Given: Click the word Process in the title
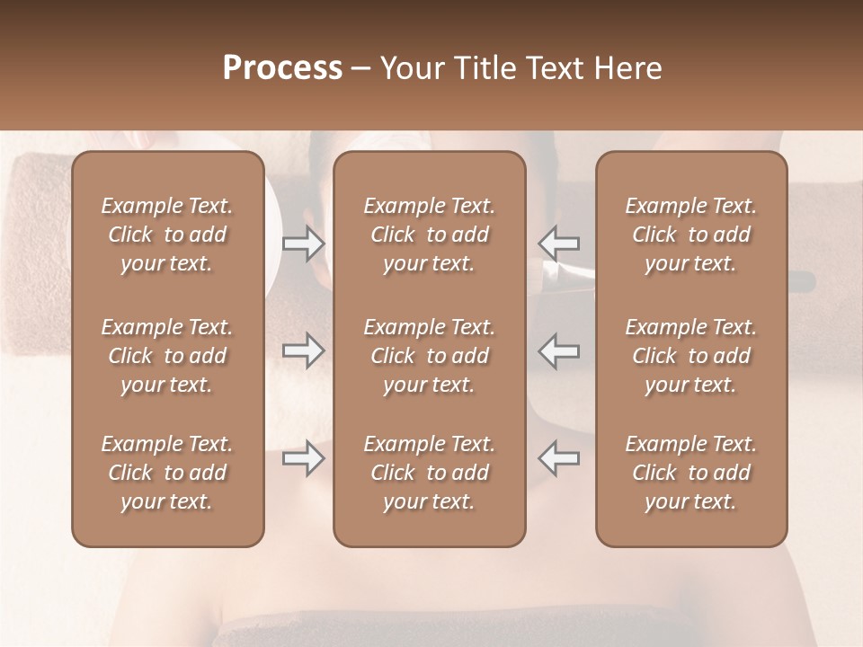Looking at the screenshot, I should pyautogui.click(x=282, y=68).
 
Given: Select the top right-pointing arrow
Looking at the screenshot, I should pyautogui.click(x=304, y=244).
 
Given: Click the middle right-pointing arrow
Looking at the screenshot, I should pyautogui.click(x=304, y=350).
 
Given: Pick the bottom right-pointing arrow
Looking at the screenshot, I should pyautogui.click(x=304, y=458).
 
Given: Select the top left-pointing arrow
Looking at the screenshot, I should pyautogui.click(x=559, y=244).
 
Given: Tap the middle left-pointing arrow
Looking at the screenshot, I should pyautogui.click(x=559, y=350).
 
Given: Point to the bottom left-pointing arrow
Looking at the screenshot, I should pyautogui.click(x=559, y=458).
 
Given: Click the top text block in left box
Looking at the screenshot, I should pyautogui.click(x=167, y=235).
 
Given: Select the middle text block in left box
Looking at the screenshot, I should pyautogui.click(x=167, y=356).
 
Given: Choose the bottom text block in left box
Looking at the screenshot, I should pyautogui.click(x=167, y=473).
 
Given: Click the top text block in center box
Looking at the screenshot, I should pyautogui.click(x=430, y=235).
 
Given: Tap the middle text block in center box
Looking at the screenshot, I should pyautogui.click(x=430, y=356).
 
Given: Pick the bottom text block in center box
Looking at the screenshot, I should pyautogui.click(x=430, y=473).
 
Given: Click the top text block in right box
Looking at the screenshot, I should pyautogui.click(x=691, y=235).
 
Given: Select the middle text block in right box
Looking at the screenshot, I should pyautogui.click(x=691, y=356).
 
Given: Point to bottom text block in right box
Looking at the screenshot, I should pyautogui.click(x=691, y=473).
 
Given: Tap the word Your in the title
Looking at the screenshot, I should pyautogui.click(x=411, y=68).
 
